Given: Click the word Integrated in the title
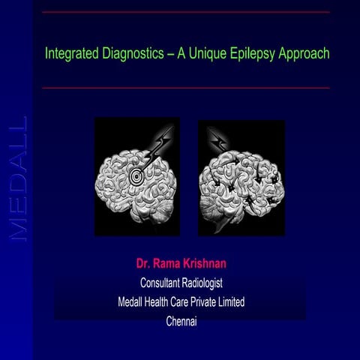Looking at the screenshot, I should click(x=69, y=55).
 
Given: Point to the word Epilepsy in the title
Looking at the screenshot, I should click(x=247, y=55).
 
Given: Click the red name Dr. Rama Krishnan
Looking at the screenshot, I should click(x=181, y=264).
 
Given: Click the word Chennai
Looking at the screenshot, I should click(x=181, y=321).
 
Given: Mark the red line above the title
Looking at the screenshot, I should click(x=185, y=13).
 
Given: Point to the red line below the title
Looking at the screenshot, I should click(x=185, y=88).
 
